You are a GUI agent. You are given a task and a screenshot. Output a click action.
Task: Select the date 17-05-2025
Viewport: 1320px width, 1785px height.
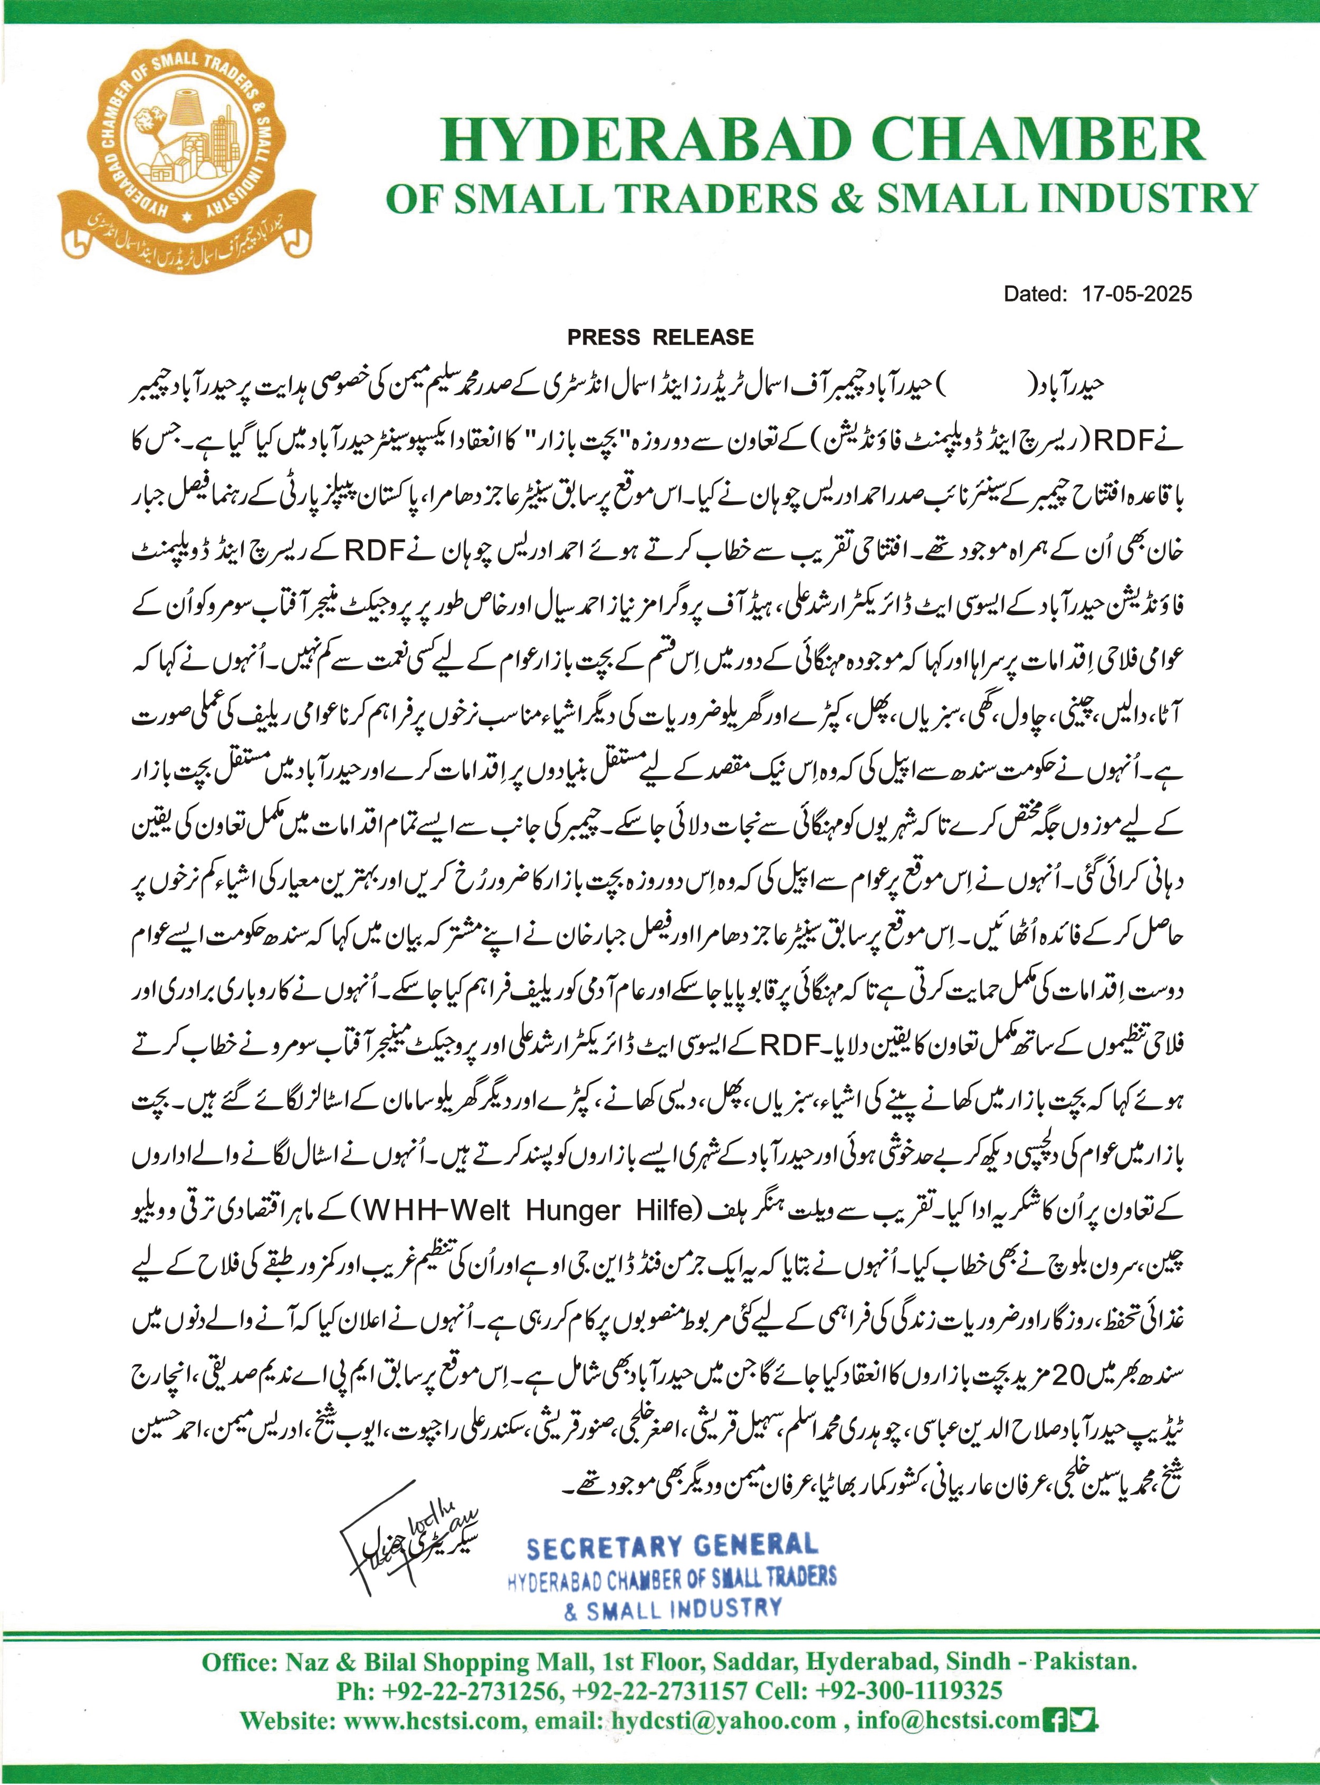(1137, 294)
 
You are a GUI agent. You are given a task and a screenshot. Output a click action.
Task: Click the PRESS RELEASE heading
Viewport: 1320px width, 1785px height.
(660, 336)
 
